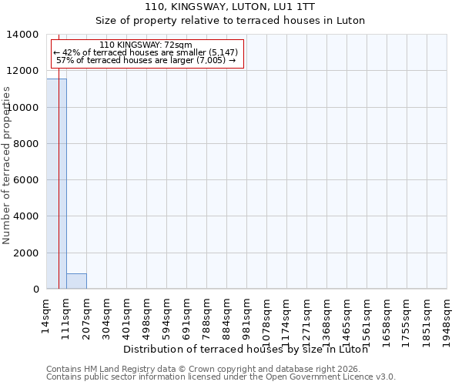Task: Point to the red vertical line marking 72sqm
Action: click(59, 169)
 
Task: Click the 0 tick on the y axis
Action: click(35, 290)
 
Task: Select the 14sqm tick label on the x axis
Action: click(47, 314)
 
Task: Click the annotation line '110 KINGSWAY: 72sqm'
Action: click(146, 45)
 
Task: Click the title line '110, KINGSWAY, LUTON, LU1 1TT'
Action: click(230, 6)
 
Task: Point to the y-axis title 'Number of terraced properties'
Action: click(7, 165)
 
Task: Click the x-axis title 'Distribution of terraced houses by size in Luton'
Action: click(245, 349)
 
